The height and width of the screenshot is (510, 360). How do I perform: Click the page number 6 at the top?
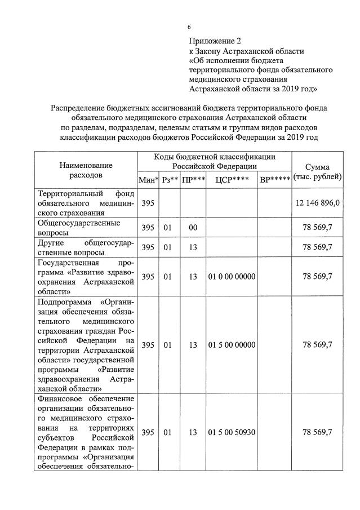(x=189, y=26)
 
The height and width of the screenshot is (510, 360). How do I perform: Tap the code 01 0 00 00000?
(x=232, y=276)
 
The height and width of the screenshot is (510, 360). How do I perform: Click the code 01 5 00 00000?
(x=232, y=345)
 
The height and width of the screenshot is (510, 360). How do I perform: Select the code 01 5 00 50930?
(x=232, y=432)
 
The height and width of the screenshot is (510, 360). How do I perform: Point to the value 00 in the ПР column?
(x=193, y=228)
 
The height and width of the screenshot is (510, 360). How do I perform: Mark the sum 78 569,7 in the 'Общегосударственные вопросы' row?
(x=317, y=228)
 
